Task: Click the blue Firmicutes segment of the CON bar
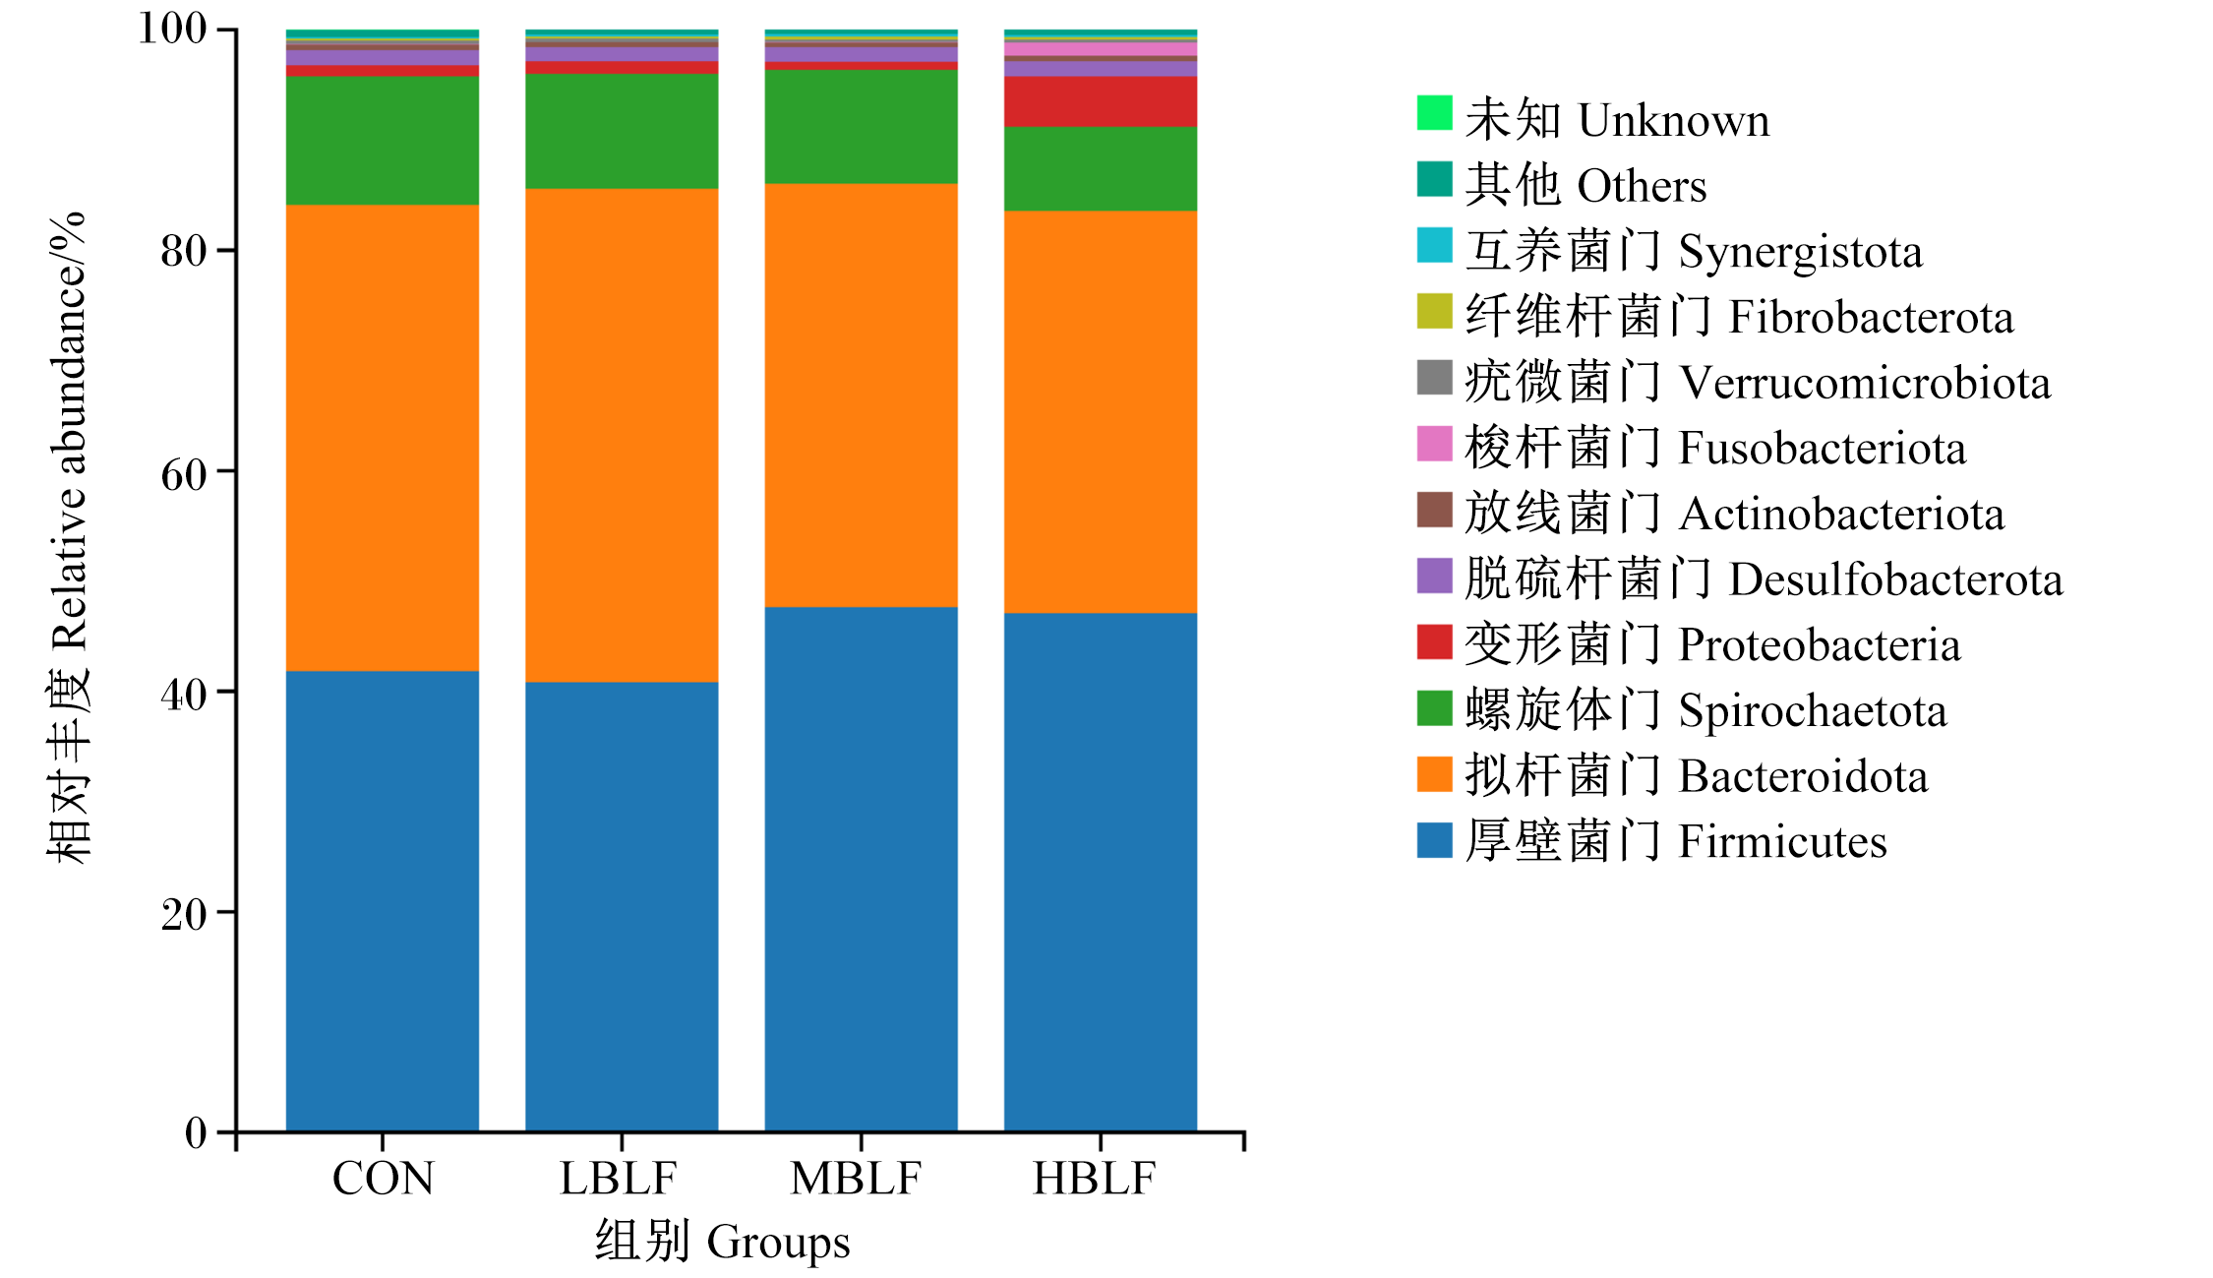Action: click(383, 901)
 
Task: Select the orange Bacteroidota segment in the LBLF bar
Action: click(622, 435)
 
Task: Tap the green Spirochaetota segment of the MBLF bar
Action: click(861, 127)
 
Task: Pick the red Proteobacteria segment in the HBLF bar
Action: click(1101, 102)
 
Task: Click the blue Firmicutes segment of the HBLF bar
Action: click(1101, 873)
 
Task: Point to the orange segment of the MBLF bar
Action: click(861, 396)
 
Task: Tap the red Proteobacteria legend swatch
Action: click(1434, 641)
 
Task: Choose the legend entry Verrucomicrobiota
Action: click(1758, 382)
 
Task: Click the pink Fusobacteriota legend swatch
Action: click(1434, 444)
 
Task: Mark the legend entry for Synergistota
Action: click(1694, 251)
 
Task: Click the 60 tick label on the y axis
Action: click(184, 474)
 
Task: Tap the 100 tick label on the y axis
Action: click(172, 29)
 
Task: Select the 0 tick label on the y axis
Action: click(196, 1133)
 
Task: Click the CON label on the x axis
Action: click(383, 1179)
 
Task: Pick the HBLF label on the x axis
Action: click(1094, 1179)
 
